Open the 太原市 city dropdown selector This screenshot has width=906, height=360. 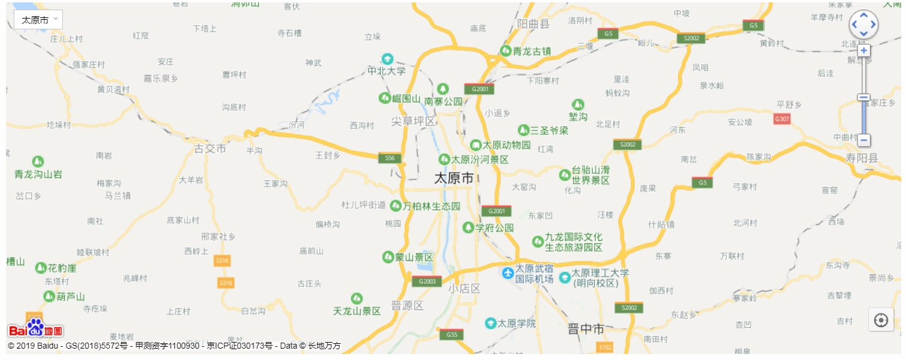point(38,20)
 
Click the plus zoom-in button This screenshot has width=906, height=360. point(863,50)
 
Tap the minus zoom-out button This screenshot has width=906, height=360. point(863,140)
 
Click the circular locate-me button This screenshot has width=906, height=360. point(881,320)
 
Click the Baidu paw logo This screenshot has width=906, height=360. point(36,327)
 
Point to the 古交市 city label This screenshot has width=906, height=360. point(210,148)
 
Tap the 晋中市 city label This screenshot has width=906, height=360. point(586,329)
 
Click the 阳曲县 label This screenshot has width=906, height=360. point(532,24)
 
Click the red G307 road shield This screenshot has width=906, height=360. point(782,119)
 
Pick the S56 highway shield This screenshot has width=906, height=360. point(390,158)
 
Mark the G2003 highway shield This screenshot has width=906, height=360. point(426,282)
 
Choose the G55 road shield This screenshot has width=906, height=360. point(452,335)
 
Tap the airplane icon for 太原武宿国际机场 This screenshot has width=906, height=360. point(508,273)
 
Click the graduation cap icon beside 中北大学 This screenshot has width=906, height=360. point(388,59)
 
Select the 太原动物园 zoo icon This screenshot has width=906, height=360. point(475,145)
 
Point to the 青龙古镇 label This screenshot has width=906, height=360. point(531,52)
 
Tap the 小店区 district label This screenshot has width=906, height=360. point(464,289)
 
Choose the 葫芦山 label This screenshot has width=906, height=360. point(70,297)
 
